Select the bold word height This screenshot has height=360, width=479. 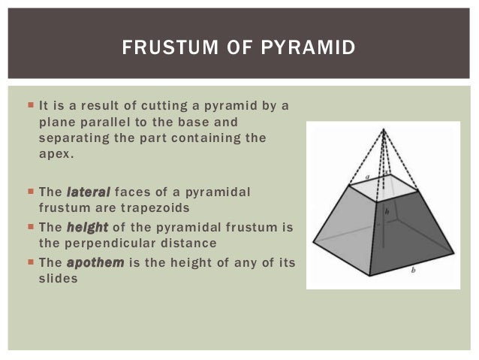[87, 227]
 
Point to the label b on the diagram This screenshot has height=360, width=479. [412, 270]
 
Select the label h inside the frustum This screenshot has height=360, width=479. [386, 212]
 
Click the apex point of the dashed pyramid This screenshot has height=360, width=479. [384, 129]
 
